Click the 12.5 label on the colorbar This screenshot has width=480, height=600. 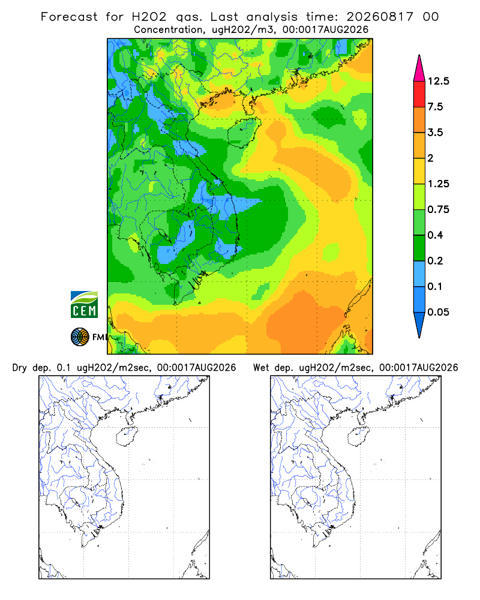pos(438,81)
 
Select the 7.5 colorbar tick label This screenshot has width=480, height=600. pos(435,107)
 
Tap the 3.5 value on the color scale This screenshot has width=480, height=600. pos(435,133)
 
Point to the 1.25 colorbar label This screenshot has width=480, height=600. pos(438,184)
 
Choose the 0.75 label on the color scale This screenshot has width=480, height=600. pos(438,209)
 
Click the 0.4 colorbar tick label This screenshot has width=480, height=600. pos(435,235)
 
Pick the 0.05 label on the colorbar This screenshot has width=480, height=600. pos(438,312)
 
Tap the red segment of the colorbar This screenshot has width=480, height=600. pos(419,94)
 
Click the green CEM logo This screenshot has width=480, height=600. pos(84,305)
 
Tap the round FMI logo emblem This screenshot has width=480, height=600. pos(80,337)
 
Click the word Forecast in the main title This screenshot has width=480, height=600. pos(69,17)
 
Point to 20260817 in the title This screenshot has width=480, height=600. pos(380,17)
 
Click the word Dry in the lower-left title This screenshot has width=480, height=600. pos(20,368)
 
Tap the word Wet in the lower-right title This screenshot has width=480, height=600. pos(262,368)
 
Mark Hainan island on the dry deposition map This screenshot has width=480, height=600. pos(127,436)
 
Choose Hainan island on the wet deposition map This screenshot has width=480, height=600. pos(358,436)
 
